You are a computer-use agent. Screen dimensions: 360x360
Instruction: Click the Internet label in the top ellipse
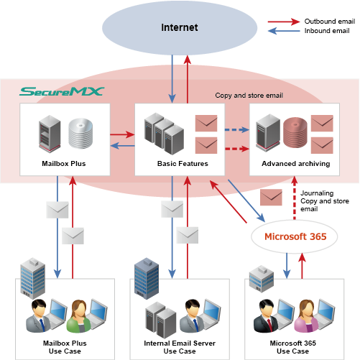[x=180, y=27]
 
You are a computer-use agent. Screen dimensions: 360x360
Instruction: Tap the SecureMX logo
[x=62, y=91]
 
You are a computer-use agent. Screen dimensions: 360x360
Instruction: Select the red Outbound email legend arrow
[x=284, y=22]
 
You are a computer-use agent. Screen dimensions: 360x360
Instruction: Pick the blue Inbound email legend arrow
[x=284, y=31]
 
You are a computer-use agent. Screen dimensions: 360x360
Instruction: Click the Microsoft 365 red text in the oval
[x=295, y=236]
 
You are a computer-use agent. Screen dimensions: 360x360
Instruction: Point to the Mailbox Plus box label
[x=64, y=164]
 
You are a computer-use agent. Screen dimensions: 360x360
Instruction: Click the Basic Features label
[x=183, y=164]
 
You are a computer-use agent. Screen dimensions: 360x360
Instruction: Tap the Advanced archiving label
[x=296, y=164]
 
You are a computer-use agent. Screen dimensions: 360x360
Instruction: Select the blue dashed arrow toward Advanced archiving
[x=237, y=130]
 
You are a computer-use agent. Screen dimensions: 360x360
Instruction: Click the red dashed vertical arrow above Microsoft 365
[x=295, y=198]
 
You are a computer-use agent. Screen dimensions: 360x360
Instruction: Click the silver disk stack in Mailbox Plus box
[x=80, y=133]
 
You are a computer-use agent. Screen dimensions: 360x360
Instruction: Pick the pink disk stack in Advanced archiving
[x=295, y=132]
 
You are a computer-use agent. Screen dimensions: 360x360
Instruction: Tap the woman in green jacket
[x=78, y=316]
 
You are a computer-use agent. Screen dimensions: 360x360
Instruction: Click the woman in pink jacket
[x=306, y=316]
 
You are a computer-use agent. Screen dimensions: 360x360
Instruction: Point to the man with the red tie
[x=266, y=315]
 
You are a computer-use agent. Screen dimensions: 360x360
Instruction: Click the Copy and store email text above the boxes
[x=249, y=96]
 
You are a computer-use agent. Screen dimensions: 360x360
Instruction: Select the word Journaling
[x=317, y=193]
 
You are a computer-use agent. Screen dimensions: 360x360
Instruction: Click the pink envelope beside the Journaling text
[x=271, y=197]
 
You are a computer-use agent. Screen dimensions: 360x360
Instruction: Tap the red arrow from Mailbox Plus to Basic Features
[x=122, y=134]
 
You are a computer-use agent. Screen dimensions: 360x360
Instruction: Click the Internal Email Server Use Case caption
[x=180, y=347]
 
